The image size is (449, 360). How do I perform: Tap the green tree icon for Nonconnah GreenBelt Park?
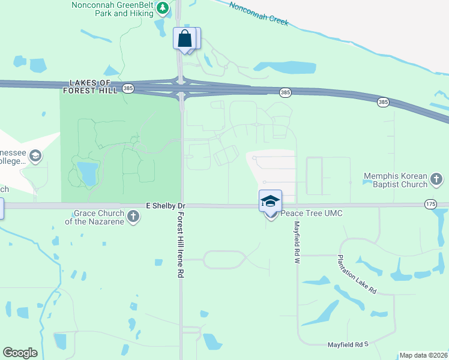(x=162, y=8)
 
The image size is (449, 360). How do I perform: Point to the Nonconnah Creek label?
(x=259, y=13)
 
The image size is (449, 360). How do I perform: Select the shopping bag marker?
(x=185, y=38)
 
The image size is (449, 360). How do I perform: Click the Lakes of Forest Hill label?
(x=91, y=86)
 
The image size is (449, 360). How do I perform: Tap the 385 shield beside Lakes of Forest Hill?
(x=127, y=89)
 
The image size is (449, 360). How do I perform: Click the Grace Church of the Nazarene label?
(x=99, y=217)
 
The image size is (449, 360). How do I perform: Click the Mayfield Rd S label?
(x=347, y=344)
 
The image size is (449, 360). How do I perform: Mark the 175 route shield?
(x=430, y=204)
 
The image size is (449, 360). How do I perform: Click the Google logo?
(x=20, y=353)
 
